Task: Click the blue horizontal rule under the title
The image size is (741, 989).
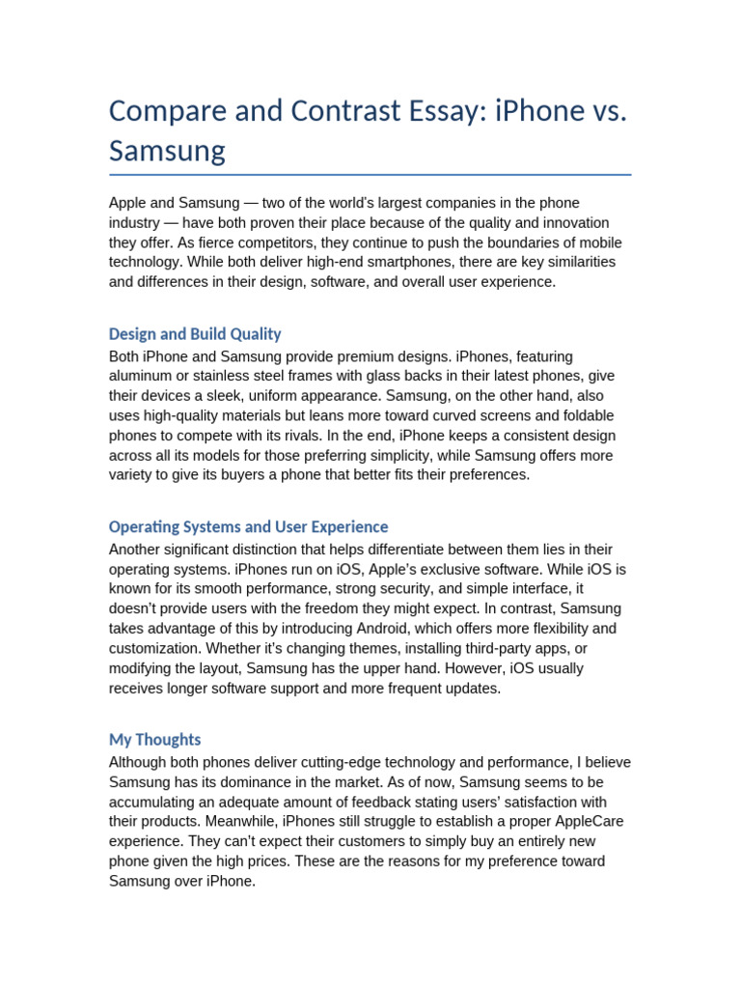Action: pos(370,175)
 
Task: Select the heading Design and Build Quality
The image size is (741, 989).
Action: pos(195,334)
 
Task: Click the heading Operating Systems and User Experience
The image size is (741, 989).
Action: pos(248,527)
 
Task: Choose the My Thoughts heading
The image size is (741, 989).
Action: pos(154,740)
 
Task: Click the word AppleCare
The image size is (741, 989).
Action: pos(575,822)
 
